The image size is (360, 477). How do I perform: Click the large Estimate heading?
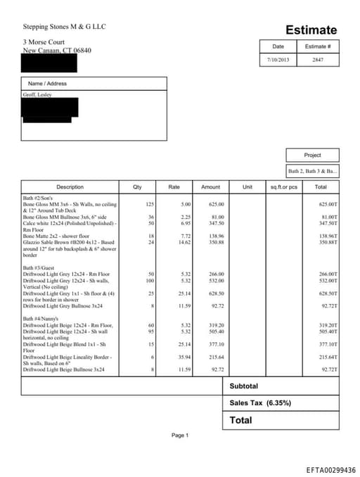[x=311, y=30]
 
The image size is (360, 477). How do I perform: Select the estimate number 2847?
[x=319, y=60]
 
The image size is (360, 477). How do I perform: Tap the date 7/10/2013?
[x=278, y=60]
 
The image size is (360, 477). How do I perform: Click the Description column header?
[x=70, y=187]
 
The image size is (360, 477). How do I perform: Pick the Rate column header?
[x=174, y=187]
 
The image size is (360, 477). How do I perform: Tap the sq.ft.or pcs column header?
[x=284, y=187]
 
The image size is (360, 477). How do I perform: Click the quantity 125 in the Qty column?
[x=149, y=204]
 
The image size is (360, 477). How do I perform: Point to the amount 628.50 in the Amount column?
[x=216, y=293]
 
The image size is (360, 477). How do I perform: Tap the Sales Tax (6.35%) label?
[x=260, y=403]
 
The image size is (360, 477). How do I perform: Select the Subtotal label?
[x=244, y=386]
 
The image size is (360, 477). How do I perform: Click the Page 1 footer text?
[x=179, y=435]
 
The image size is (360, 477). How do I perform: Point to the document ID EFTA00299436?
[x=330, y=470]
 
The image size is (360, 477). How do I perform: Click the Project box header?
[x=312, y=155]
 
